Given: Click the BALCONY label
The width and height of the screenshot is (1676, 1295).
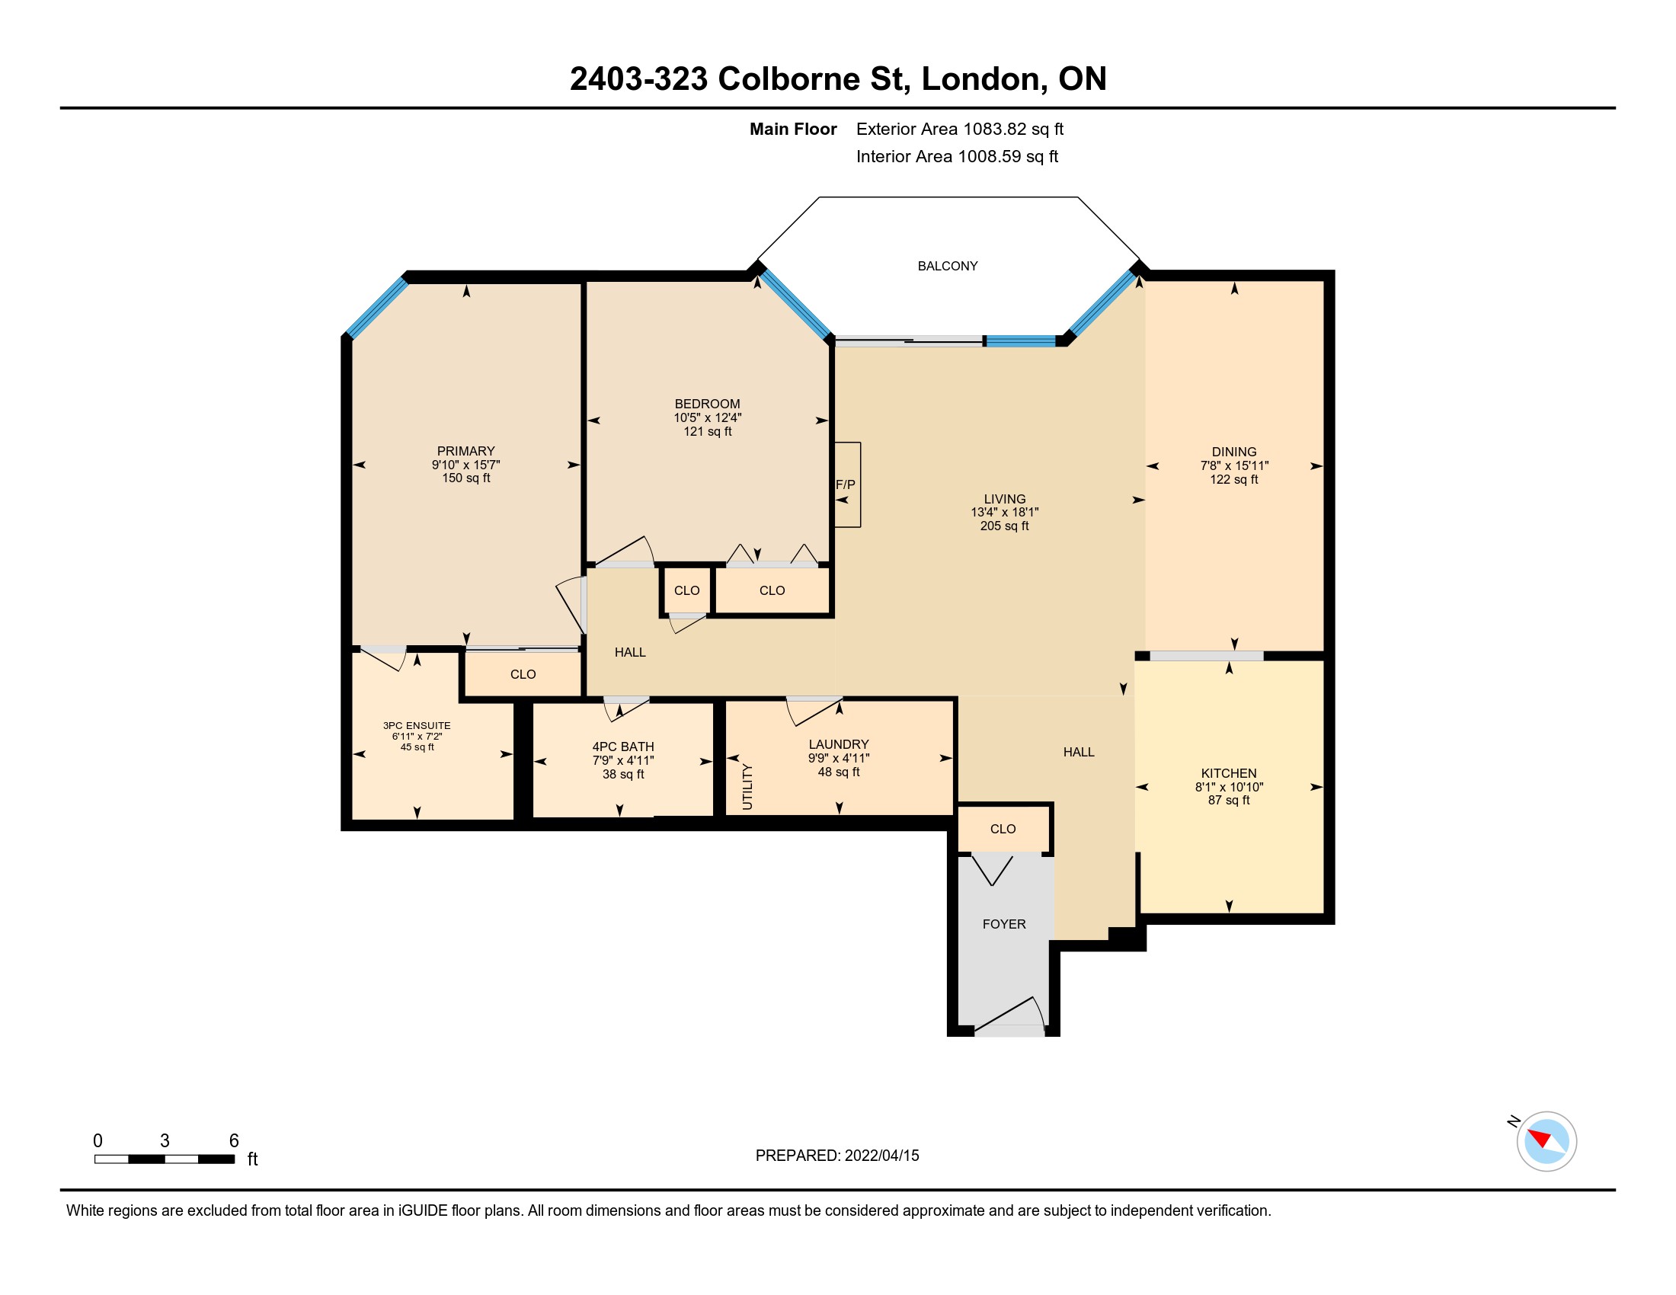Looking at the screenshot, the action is [x=948, y=266].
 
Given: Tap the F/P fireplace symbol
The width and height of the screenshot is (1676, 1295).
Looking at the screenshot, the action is [x=847, y=484].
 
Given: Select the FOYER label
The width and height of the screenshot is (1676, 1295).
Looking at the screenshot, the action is [x=1004, y=925].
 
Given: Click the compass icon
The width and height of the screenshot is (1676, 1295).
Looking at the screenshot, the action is [x=1546, y=1141].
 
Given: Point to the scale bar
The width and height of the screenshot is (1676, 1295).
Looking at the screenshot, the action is [x=165, y=1159].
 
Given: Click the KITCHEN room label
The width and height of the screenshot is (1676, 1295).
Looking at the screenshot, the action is [x=1229, y=773].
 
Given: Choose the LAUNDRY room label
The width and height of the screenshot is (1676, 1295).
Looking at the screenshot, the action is [x=839, y=744].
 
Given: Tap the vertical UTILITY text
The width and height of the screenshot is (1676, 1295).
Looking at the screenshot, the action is [x=747, y=787].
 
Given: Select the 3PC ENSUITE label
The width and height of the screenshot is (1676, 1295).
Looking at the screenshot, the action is [x=417, y=726].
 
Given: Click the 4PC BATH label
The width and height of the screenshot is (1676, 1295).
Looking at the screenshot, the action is [x=623, y=747].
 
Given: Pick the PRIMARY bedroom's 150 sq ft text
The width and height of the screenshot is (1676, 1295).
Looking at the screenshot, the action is [x=465, y=478].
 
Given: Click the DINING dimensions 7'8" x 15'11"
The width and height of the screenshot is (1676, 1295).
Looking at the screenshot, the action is [x=1234, y=465].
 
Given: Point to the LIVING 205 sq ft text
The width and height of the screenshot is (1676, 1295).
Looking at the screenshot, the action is [x=1005, y=526].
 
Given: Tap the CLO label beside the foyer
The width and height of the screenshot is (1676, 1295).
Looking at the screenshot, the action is [x=1003, y=830].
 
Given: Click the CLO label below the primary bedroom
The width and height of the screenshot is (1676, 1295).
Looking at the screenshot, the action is [x=523, y=674].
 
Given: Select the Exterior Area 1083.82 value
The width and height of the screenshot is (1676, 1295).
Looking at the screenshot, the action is [x=992, y=129].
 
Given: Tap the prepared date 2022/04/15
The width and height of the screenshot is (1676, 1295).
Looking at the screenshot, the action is [x=881, y=1156].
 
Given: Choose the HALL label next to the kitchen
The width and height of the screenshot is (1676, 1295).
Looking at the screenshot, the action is [x=1079, y=753].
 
